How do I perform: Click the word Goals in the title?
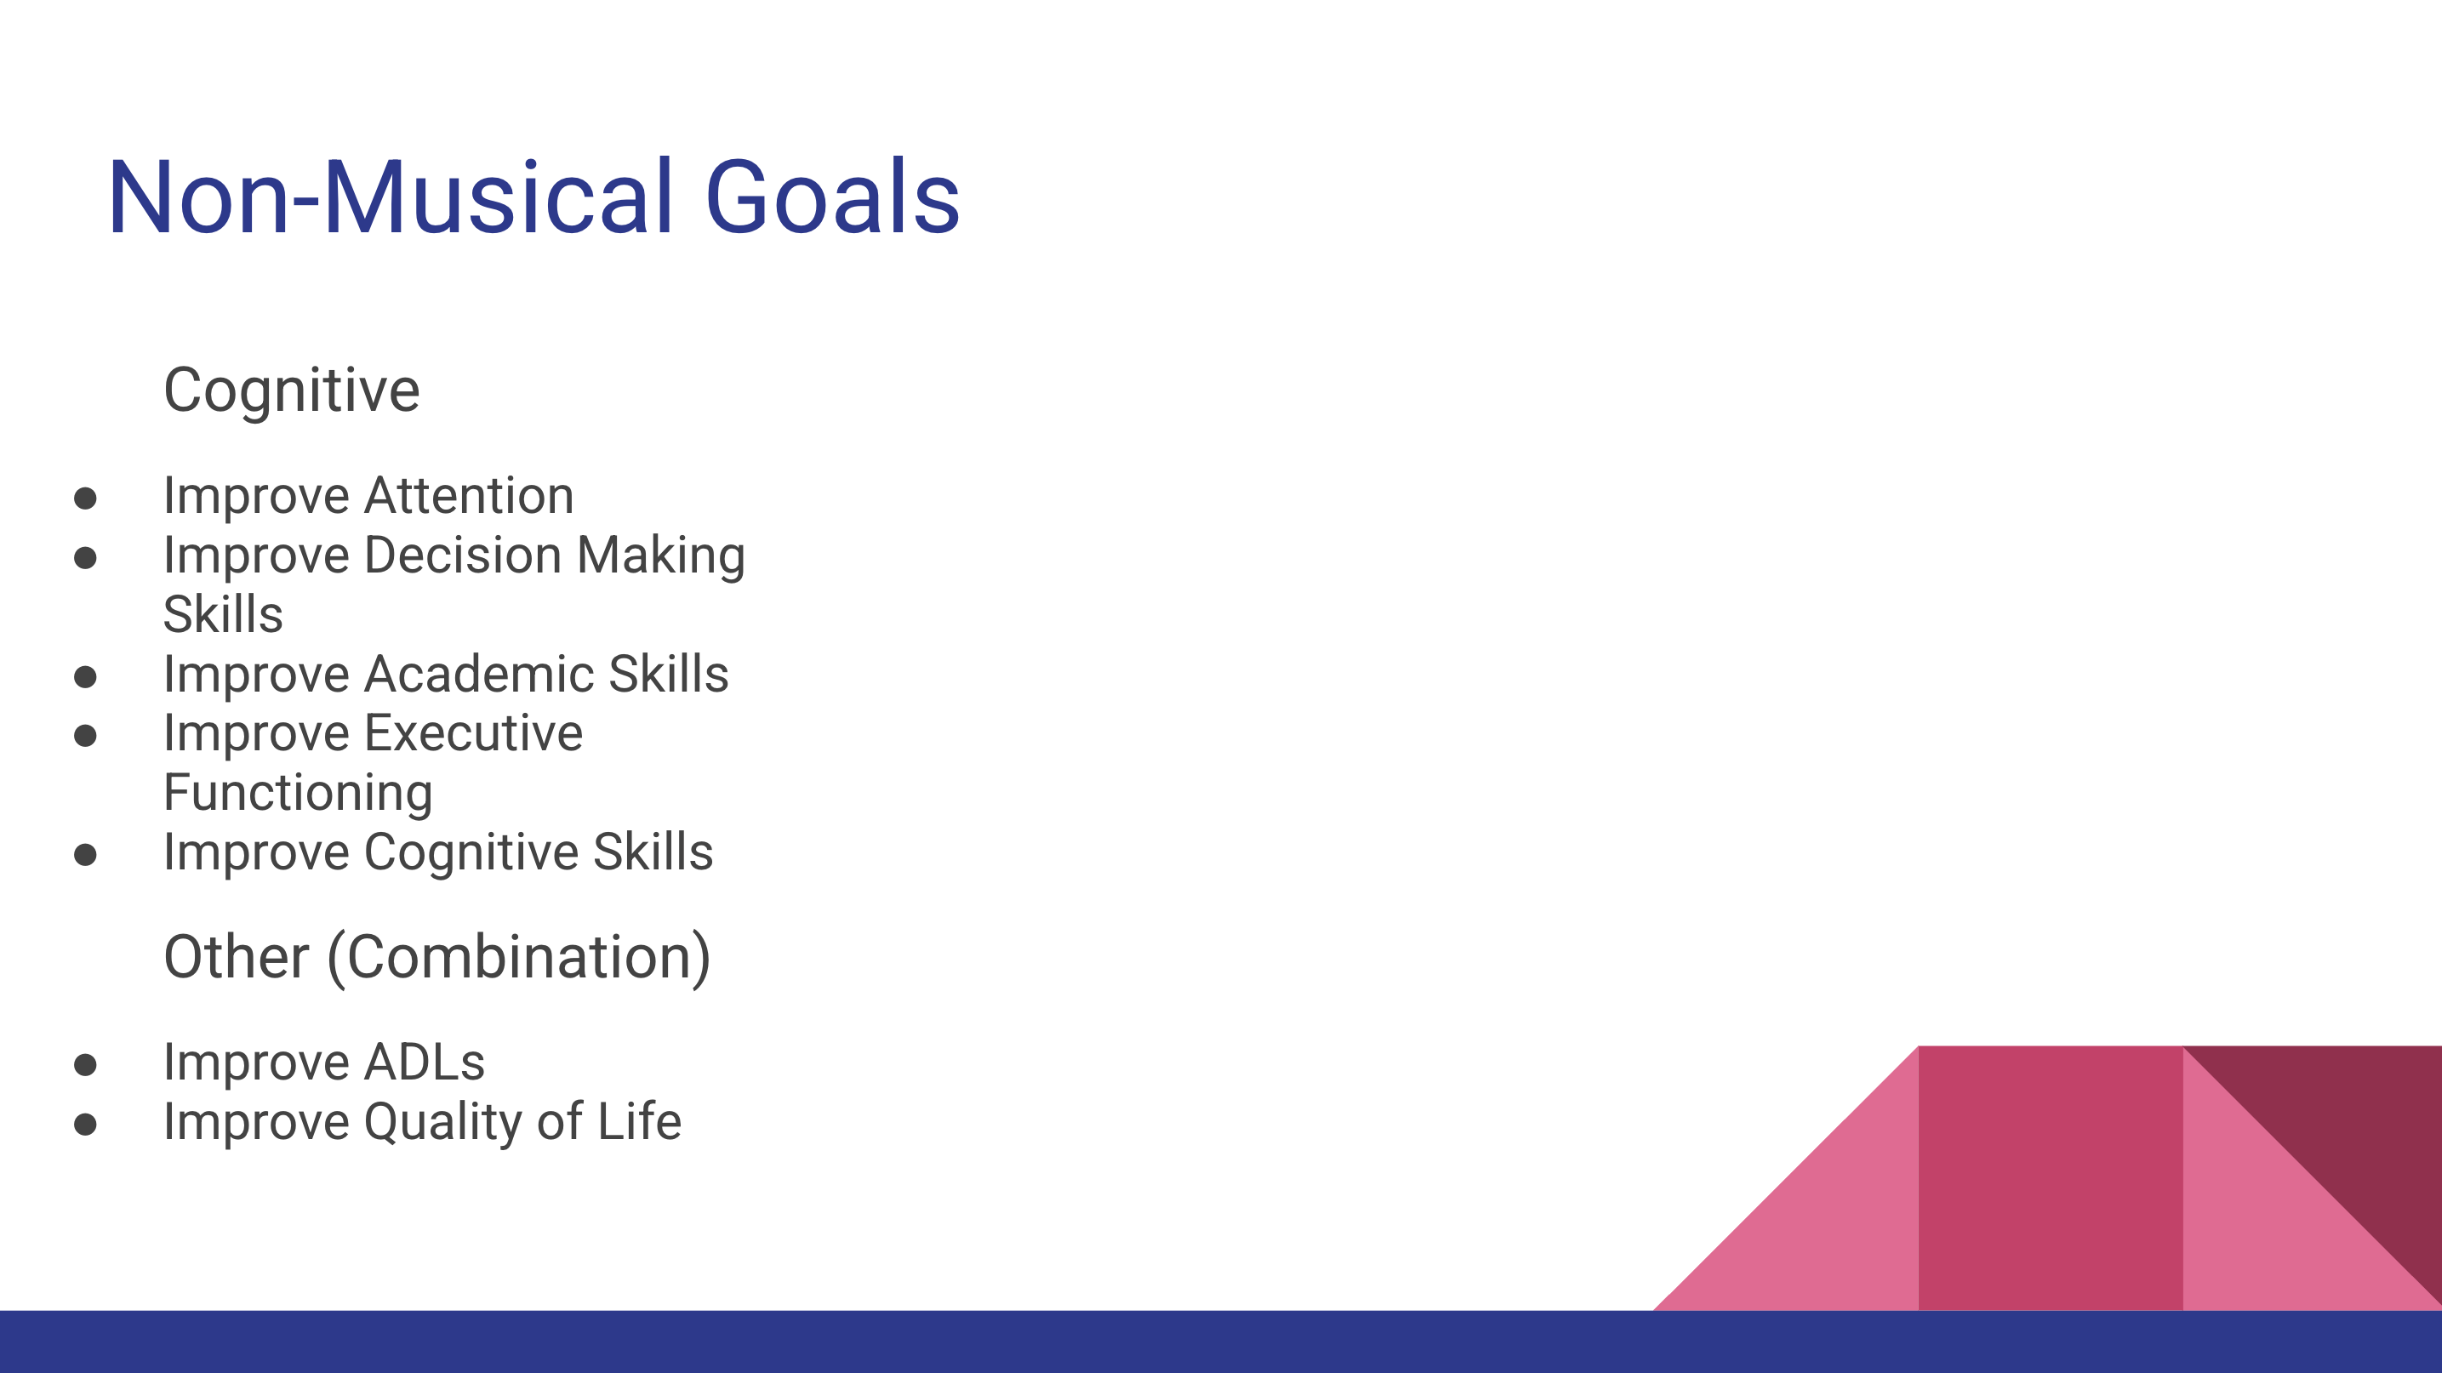tap(832, 197)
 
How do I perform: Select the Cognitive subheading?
tap(291, 391)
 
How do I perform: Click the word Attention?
tap(468, 496)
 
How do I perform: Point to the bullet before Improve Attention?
tap(85, 498)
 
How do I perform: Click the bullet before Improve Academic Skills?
tap(85, 676)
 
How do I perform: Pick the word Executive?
tap(473, 733)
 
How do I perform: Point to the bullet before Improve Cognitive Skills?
tap(85, 855)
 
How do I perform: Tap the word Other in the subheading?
tap(236, 957)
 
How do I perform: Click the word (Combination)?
tap(518, 959)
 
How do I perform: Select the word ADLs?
tap(425, 1063)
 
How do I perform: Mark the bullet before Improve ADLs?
tap(85, 1065)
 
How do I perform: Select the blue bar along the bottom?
tap(1221, 1342)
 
